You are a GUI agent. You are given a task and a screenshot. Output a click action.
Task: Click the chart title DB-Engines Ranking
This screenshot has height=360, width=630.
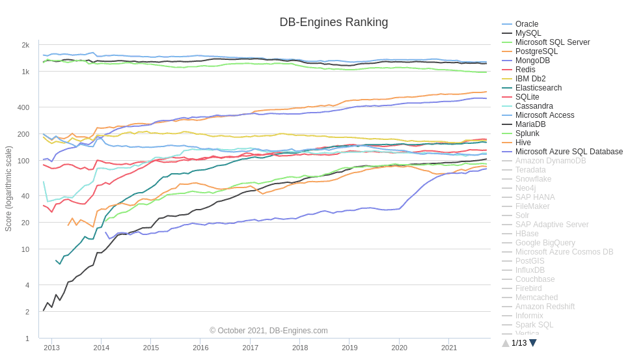coord(333,22)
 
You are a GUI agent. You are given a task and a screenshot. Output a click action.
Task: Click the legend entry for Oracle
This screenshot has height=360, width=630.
coord(527,24)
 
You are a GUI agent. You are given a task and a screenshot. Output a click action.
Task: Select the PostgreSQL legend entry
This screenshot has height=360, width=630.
coord(536,51)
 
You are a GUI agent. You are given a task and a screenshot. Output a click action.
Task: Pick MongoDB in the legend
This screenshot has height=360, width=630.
coord(532,61)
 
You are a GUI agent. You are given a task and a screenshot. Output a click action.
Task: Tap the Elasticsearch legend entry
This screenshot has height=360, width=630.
coord(538,88)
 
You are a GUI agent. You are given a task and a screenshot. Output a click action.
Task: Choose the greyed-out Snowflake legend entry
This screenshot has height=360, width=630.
coord(533,179)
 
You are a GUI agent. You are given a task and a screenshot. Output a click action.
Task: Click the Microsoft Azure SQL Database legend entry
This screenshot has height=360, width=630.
coord(569,152)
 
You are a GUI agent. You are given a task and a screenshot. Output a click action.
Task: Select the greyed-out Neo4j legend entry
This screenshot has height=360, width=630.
coord(525,188)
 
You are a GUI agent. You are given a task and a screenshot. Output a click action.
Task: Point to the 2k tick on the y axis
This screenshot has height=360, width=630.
coord(25,45)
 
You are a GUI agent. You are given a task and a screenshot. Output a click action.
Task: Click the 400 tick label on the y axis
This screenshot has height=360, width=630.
coord(23,107)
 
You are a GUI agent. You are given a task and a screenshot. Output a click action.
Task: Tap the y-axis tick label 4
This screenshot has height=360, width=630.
coord(27,285)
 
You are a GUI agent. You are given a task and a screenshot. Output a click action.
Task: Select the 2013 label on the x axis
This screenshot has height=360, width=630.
coord(51,348)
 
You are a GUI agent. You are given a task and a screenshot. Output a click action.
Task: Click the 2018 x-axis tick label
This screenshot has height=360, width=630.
coord(300,348)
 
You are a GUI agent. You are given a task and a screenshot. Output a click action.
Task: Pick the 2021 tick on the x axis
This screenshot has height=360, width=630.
coord(449,348)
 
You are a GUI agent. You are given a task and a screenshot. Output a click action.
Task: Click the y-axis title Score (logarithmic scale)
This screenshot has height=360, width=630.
coord(8,189)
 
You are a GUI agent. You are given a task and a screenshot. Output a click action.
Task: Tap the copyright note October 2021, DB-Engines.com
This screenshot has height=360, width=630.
coord(269,331)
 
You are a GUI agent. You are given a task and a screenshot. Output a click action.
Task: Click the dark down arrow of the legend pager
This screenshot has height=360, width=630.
coord(533,343)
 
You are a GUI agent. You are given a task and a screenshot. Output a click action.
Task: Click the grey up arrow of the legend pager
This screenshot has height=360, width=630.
coord(506,343)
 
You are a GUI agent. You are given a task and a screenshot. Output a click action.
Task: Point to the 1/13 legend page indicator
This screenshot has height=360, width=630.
coord(519,343)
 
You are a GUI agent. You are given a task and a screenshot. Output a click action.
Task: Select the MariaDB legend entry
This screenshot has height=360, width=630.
coord(530,124)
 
